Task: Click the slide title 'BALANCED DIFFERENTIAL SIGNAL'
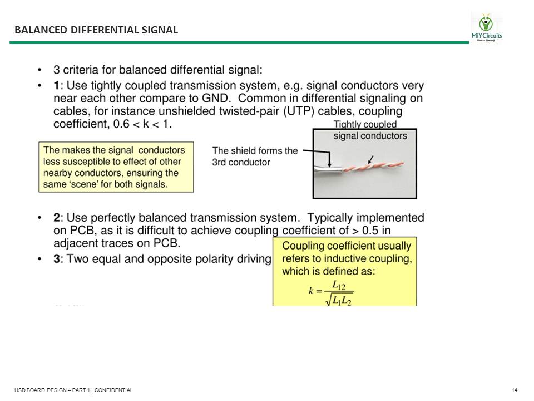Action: [96, 30]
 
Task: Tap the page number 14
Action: [515, 390]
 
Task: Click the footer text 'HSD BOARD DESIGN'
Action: [39, 390]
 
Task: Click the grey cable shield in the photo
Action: [323, 170]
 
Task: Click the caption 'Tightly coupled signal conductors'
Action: [370, 130]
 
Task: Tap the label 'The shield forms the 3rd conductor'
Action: [255, 156]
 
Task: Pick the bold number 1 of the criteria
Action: [56, 86]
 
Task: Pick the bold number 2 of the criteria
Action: [56, 217]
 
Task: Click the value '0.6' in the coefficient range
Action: [121, 124]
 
